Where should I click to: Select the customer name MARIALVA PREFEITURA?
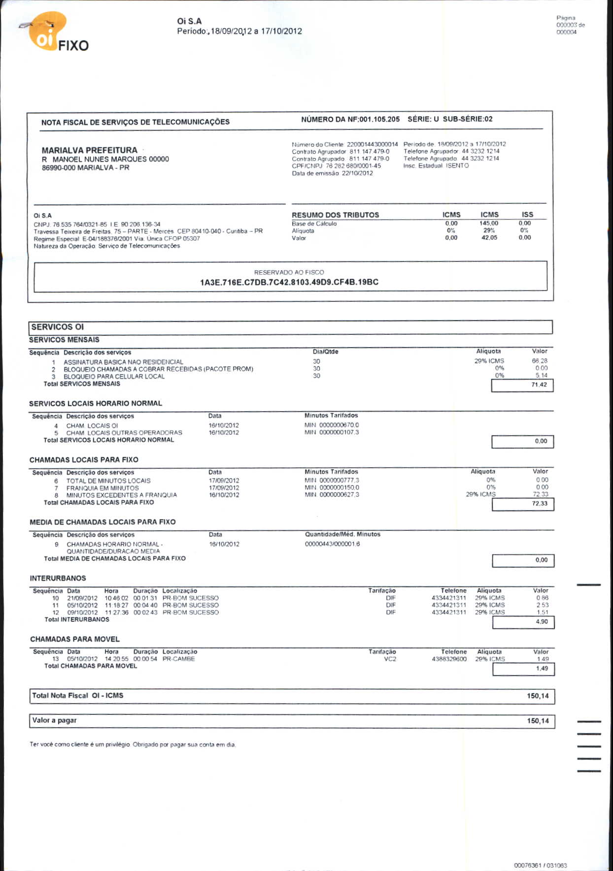point(89,150)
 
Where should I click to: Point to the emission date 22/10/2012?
point(357,173)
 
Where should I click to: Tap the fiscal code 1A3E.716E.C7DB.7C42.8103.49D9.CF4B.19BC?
point(289,282)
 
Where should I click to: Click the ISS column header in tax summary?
point(527,215)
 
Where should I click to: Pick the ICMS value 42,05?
point(489,238)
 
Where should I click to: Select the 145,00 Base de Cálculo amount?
point(489,224)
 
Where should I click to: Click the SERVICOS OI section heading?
point(58,327)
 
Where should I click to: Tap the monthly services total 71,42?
point(539,385)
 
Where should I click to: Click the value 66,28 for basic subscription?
point(540,361)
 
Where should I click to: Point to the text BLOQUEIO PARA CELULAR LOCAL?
point(114,377)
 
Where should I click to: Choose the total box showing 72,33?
point(540,504)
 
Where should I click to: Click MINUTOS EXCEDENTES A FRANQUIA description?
point(121,495)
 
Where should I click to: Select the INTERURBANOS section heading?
point(58,579)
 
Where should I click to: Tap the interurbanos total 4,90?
point(542,622)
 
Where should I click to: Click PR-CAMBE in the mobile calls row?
point(178,659)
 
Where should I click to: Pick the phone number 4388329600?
point(449,659)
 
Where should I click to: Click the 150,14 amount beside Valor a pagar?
point(538,721)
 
